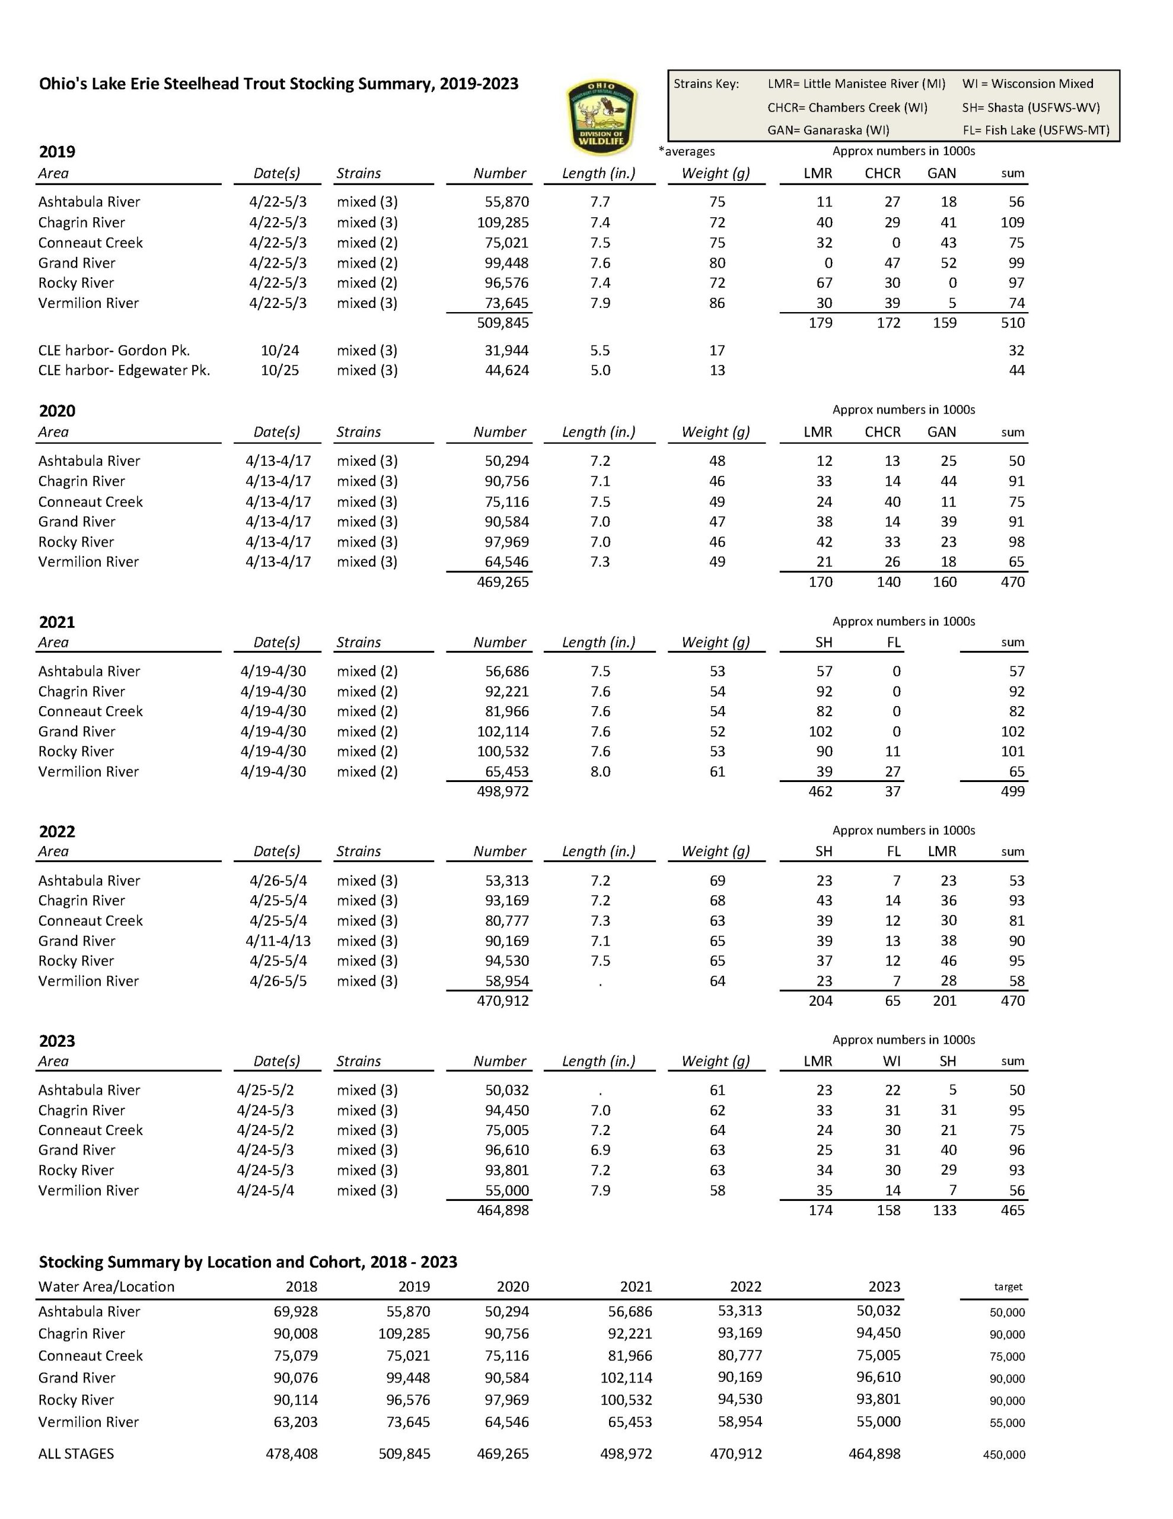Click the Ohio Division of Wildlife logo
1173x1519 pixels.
[601, 117]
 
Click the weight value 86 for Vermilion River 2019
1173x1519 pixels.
[717, 303]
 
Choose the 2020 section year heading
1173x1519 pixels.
[57, 411]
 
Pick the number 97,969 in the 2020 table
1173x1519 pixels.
[506, 542]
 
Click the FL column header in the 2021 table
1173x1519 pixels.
[894, 643]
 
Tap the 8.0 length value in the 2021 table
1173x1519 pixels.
[600, 771]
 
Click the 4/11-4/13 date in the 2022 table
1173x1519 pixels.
[278, 941]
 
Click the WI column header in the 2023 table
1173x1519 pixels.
[891, 1062]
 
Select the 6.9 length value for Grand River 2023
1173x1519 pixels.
[600, 1151]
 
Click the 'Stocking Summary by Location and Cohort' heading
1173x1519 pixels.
[247, 1262]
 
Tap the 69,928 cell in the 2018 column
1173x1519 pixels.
[295, 1312]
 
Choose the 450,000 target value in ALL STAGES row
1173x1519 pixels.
[1003, 1455]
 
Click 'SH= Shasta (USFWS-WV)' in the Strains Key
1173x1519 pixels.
[1031, 108]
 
